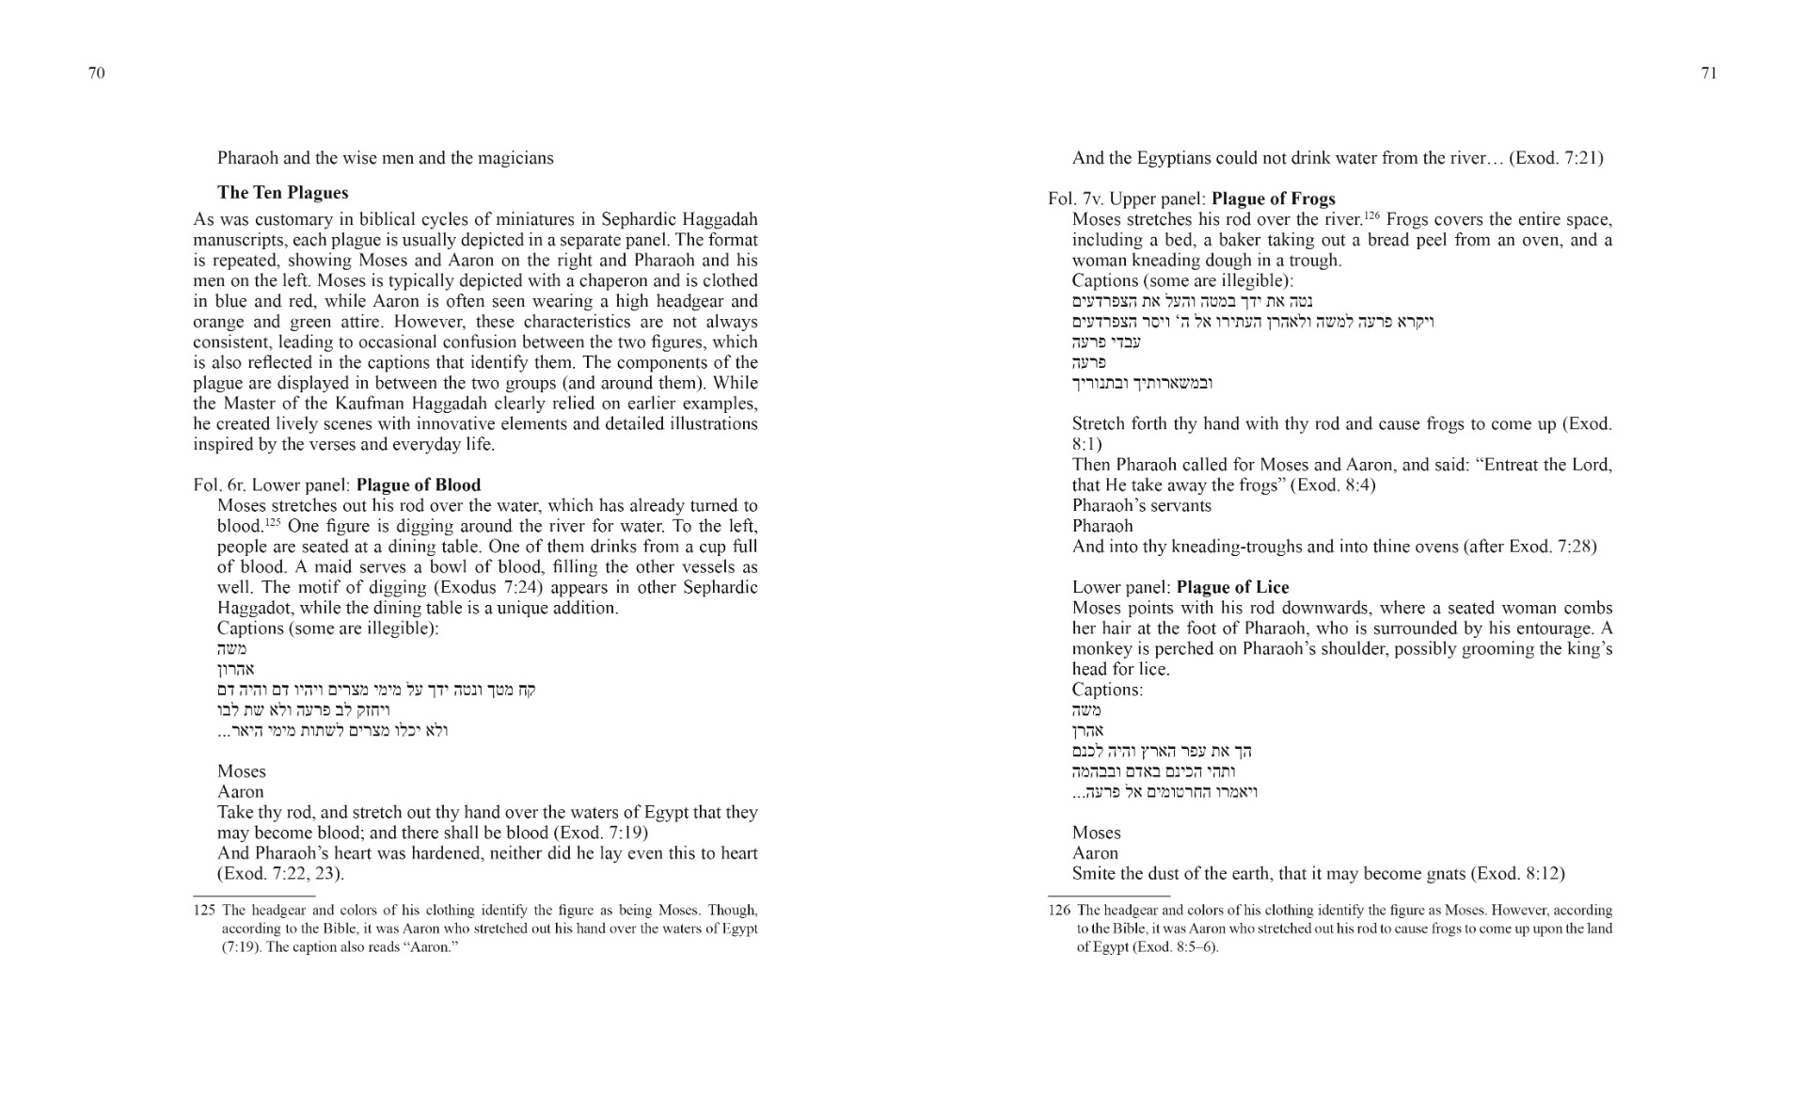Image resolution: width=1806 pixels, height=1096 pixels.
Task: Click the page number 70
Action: coord(96,73)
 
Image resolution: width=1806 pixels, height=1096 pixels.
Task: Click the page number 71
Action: coord(1709,73)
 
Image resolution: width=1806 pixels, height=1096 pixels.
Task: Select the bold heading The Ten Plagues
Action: coord(282,193)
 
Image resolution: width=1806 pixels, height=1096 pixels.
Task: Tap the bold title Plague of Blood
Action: coord(419,485)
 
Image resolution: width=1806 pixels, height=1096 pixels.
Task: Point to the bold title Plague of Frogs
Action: coord(1274,199)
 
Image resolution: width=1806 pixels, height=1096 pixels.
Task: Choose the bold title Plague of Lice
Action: coord(1232,587)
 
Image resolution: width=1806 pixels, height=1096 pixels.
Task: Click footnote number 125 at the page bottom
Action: coord(204,911)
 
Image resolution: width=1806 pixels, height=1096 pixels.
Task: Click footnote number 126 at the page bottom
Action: coord(1059,911)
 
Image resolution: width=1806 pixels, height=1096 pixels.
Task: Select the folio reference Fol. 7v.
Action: coord(1075,199)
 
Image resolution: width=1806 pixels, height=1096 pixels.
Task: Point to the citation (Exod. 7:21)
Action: coord(1556,158)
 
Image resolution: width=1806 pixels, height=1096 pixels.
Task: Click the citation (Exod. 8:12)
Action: coord(1517,873)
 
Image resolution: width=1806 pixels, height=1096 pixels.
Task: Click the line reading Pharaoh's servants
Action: coord(1141,505)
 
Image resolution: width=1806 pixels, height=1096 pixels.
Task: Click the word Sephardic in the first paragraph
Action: coord(612,219)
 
